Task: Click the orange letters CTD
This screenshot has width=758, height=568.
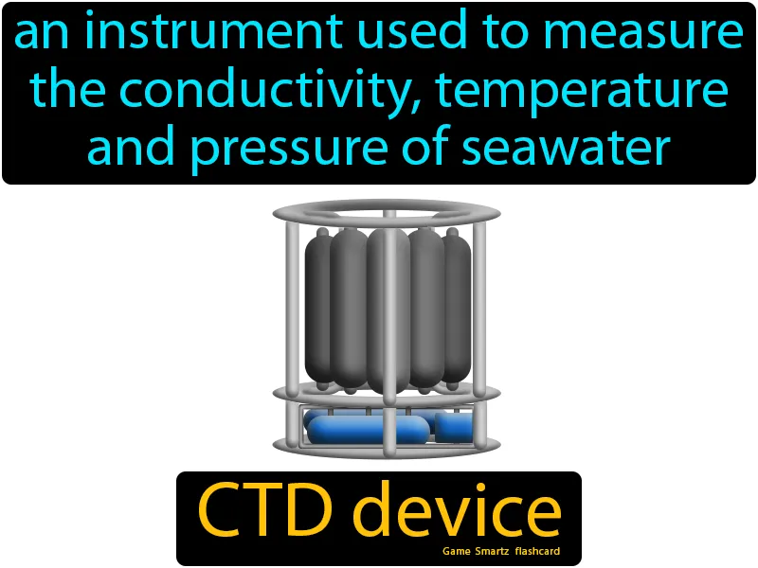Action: tap(267, 512)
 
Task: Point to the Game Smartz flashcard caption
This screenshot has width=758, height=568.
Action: tap(500, 550)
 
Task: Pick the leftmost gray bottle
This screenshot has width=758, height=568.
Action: tap(318, 303)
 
